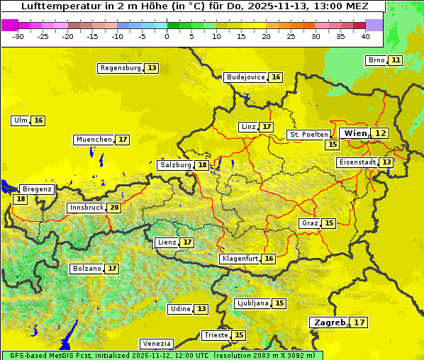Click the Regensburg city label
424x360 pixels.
coord(121,68)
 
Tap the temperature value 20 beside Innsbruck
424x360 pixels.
coord(114,208)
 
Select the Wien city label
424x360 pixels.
coord(355,133)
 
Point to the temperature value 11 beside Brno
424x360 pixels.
coord(395,60)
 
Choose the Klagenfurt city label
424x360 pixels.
coord(239,259)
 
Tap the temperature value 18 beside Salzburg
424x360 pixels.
coord(202,165)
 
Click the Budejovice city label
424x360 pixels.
coord(245,77)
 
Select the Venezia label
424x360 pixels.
coord(156,343)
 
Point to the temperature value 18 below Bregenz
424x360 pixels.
coord(20,199)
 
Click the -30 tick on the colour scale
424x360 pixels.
coord(18,35)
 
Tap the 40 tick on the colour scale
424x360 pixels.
coord(365,35)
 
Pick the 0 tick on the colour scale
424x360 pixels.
coord(167,35)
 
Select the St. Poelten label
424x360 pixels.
coord(308,134)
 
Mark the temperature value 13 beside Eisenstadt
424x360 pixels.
coord(386,162)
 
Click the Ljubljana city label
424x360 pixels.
coord(252,303)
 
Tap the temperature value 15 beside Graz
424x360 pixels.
coord(328,223)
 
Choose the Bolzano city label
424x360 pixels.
coord(87,269)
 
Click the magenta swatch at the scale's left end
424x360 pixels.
coord(10,25)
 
